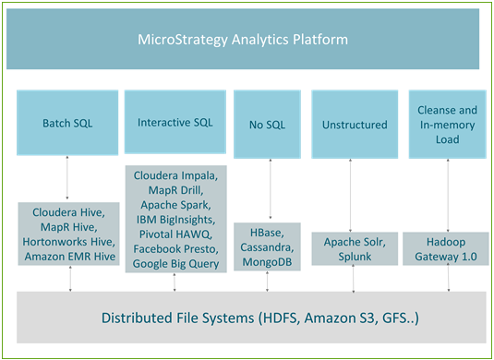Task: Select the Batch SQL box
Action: (66, 123)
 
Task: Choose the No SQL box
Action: (268, 123)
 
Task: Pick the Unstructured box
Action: (352, 123)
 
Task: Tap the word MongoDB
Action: (268, 263)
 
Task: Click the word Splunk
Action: (354, 256)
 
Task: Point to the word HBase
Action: (268, 234)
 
